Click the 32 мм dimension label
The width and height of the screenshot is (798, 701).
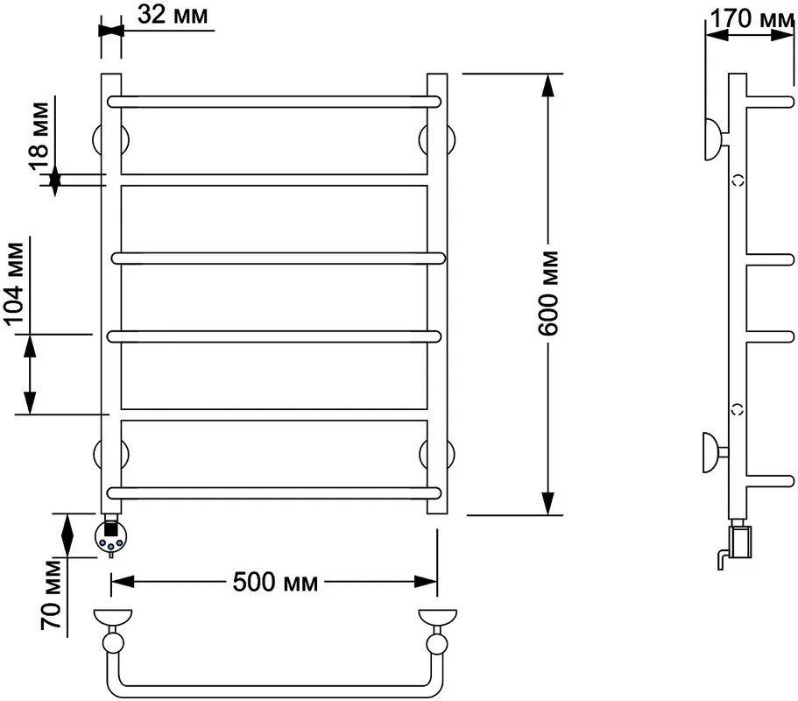tap(173, 15)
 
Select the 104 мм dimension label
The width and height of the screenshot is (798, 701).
tap(14, 284)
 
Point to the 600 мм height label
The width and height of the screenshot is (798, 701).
tap(548, 294)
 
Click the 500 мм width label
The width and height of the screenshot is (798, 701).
tap(275, 582)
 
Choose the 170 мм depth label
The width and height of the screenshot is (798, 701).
tap(752, 18)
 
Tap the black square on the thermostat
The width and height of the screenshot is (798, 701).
tap(110, 529)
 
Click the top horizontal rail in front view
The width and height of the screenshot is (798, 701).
tap(274, 102)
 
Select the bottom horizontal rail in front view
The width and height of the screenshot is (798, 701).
tap(274, 492)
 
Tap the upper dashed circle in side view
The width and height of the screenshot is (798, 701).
tap(738, 181)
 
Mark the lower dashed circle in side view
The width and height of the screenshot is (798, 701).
tap(738, 409)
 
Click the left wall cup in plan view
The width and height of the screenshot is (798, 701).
tap(113, 618)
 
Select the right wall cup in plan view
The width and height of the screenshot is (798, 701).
tap(438, 618)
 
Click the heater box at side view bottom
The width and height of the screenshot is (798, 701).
tap(740, 542)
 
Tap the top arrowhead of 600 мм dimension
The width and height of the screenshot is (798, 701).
tap(547, 85)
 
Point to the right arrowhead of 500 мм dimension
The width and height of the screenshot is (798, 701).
tap(426, 581)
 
